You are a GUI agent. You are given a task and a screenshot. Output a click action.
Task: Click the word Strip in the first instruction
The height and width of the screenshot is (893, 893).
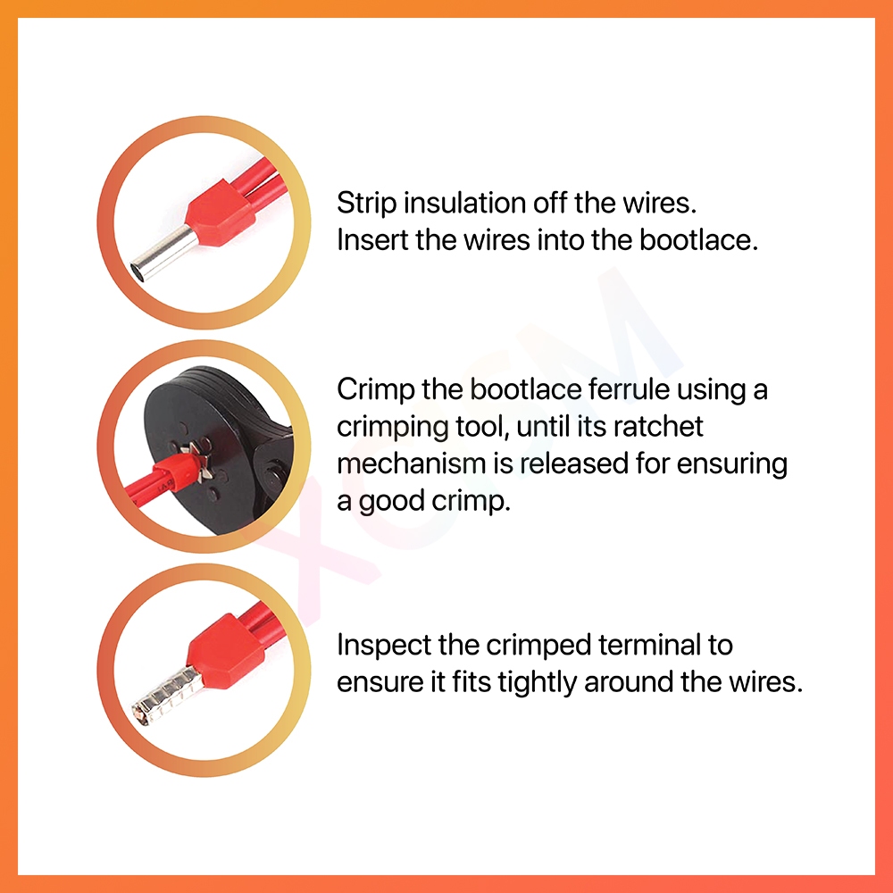(367, 204)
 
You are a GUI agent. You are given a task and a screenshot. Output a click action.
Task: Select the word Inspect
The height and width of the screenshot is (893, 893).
(384, 647)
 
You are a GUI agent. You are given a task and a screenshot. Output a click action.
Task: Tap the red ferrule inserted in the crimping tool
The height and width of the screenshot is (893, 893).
(173, 471)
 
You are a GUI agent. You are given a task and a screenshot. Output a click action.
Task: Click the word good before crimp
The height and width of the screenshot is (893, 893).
(392, 502)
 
